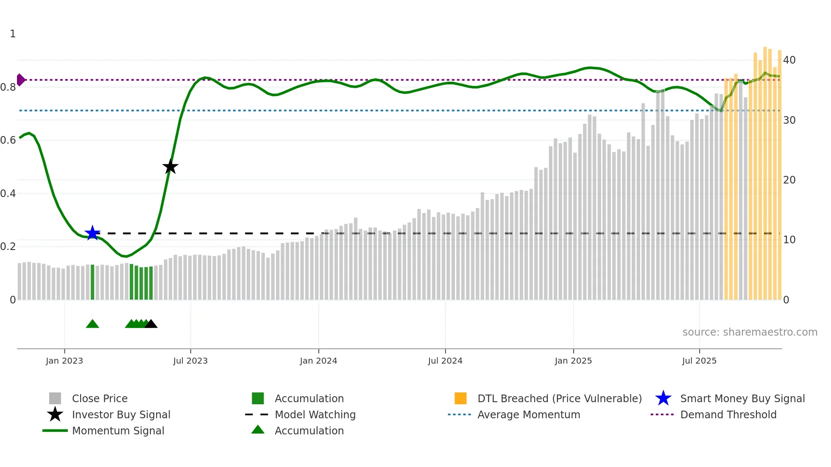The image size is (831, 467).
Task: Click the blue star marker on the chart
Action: tap(92, 233)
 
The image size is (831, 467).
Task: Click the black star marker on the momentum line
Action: tap(170, 167)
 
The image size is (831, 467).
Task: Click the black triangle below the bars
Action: tap(151, 324)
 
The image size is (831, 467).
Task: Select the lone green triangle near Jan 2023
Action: tap(92, 324)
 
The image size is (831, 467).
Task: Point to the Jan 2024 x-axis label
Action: tap(318, 361)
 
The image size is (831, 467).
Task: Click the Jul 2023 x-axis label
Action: tap(190, 361)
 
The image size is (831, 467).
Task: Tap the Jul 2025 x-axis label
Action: tap(699, 361)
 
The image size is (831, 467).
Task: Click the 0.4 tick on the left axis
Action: tap(8, 194)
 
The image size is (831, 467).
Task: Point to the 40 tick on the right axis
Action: tap(789, 60)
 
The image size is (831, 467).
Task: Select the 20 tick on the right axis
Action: tap(789, 180)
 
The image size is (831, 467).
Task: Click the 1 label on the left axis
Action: tap(13, 34)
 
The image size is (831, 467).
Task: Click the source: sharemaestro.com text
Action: tap(750, 332)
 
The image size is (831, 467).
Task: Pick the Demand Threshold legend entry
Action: tap(728, 415)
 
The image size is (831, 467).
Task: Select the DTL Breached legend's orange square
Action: tap(460, 398)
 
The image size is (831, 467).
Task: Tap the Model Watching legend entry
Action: tap(315, 415)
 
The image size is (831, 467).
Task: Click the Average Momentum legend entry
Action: tap(528, 415)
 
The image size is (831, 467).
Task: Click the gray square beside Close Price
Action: tap(55, 398)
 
